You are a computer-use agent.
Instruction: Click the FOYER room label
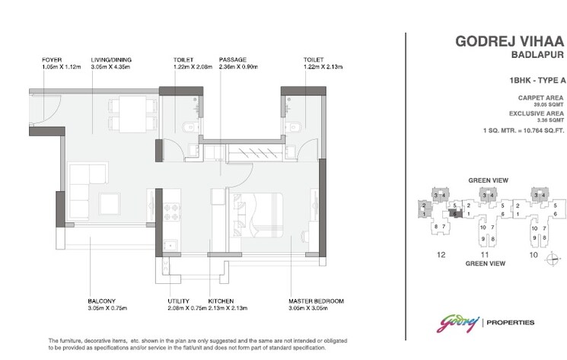click(53, 59)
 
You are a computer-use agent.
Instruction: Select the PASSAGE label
click(231, 59)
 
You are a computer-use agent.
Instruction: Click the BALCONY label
click(101, 301)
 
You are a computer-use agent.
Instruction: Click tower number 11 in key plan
click(484, 255)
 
